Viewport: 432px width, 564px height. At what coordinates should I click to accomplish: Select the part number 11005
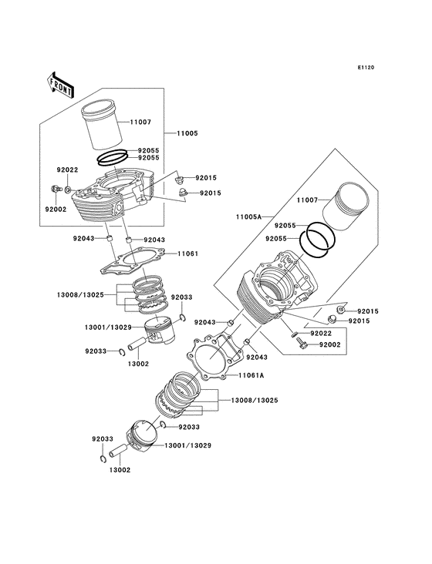187,133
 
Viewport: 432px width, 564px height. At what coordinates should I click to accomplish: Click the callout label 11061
188,253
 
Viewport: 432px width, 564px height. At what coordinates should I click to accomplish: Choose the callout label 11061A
251,375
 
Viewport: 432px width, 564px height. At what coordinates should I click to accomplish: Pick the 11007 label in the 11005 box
140,122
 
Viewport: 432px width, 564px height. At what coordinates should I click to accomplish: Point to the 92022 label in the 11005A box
321,333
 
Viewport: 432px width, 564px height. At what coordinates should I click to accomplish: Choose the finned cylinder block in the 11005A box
274,297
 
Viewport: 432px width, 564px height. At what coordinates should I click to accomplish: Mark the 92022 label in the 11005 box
67,170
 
